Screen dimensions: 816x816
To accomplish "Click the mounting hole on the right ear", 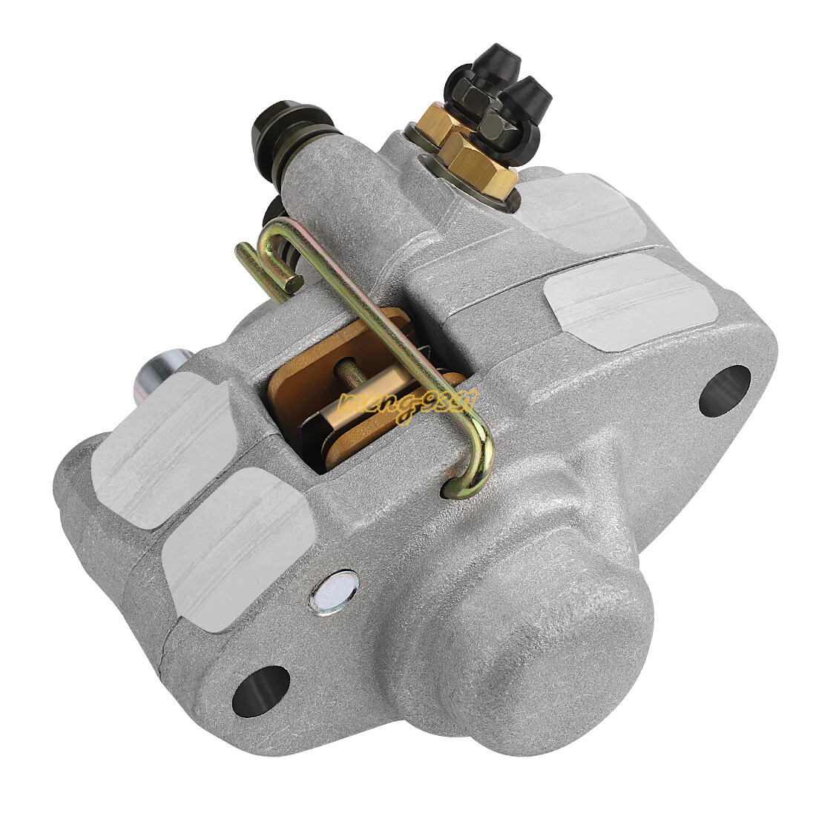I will pyautogui.click(x=725, y=390).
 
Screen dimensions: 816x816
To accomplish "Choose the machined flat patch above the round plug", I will pyautogui.click(x=234, y=538).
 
